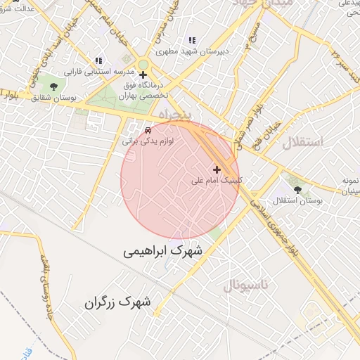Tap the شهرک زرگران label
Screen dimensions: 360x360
118,303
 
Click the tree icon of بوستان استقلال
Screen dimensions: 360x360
297,189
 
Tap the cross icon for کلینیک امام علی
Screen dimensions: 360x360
217,169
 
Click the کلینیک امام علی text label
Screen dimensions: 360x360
217,181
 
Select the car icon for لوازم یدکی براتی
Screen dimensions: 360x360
148,130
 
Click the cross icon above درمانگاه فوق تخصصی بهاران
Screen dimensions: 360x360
143,75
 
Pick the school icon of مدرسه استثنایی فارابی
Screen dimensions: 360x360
98,60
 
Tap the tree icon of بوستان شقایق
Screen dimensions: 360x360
53,86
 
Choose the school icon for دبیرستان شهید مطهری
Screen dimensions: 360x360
192,40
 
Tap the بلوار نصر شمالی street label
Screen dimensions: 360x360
258,117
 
